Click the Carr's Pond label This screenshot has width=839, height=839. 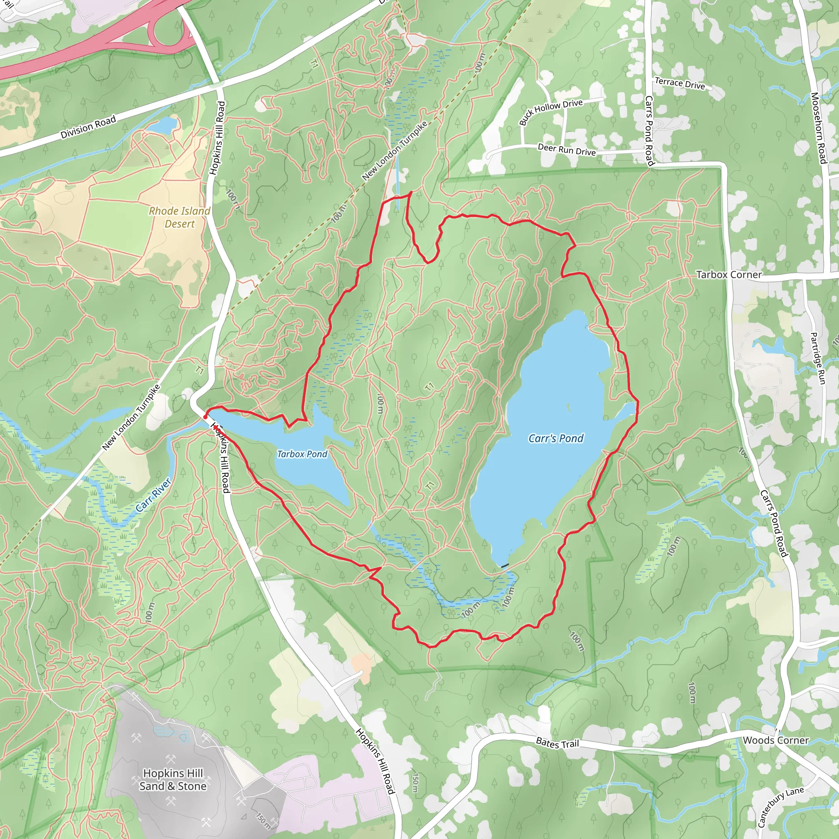tap(556, 439)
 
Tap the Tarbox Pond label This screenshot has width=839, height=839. tap(302, 454)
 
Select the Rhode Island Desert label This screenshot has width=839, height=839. tap(179, 217)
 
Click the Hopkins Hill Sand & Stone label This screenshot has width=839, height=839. tap(173, 780)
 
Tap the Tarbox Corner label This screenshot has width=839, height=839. tap(729, 275)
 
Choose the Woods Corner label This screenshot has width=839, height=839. tap(776, 740)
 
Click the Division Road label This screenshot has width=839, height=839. tap(88, 127)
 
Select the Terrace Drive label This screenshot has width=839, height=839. tap(680, 84)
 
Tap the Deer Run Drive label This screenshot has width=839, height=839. tap(567, 150)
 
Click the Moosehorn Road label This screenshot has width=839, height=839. tap(819, 128)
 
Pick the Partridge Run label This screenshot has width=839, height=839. tap(818, 358)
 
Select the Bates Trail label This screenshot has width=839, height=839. tap(558, 744)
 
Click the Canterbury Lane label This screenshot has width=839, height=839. tap(780, 807)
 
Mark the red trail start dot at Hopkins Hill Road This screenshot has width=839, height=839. tap(205, 417)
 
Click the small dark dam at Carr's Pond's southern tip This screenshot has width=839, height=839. tap(505, 566)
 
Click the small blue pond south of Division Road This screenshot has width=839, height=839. tap(164, 126)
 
